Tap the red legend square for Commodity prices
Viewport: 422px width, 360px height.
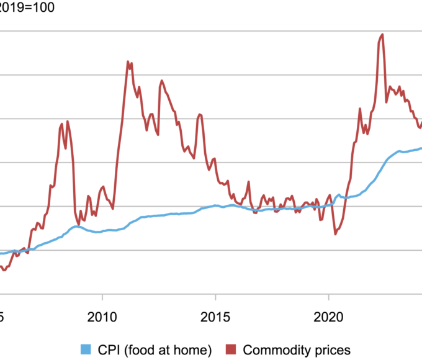(230, 349)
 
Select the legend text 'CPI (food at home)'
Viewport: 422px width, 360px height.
(155, 349)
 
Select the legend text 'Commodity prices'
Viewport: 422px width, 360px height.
(297, 349)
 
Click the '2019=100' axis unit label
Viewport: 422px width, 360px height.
(27, 8)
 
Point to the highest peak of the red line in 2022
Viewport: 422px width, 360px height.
(382, 34)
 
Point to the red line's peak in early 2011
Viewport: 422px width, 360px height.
(128, 61)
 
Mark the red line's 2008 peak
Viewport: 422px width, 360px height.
(67, 121)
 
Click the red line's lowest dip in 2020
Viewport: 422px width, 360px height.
(335, 234)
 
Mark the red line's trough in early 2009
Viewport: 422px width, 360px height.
(78, 224)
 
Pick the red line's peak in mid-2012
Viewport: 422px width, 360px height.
(162, 81)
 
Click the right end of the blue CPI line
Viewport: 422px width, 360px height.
(421, 148)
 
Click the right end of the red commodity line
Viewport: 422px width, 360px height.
(421, 123)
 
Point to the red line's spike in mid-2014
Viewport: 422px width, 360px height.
(199, 114)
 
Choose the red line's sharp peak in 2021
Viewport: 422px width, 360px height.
(360, 109)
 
